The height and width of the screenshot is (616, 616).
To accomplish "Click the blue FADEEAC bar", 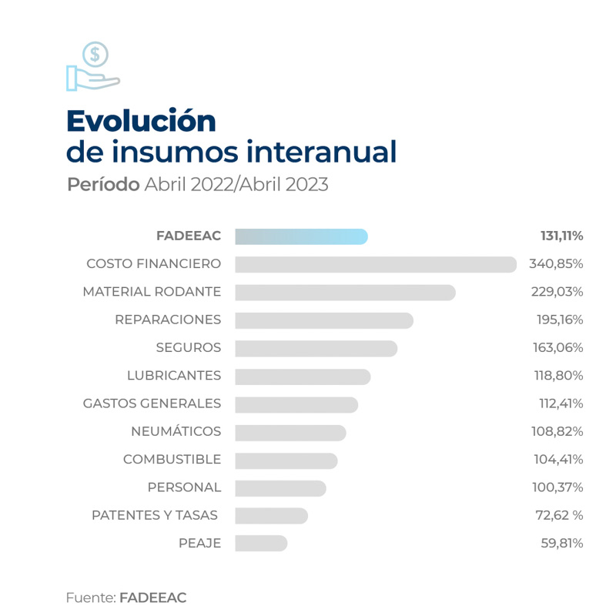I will [301, 236].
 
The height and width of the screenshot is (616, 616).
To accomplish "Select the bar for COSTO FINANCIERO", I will [375, 264].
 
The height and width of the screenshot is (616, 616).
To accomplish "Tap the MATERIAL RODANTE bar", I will [345, 293].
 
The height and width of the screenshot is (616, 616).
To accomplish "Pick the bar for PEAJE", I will [261, 543].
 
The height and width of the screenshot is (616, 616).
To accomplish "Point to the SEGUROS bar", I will [316, 348].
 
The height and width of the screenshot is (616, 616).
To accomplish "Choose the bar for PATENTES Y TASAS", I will [271, 515].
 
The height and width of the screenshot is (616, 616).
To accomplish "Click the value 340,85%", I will [556, 264].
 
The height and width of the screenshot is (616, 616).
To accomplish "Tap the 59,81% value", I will [562, 543].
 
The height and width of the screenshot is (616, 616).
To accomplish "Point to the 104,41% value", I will [558, 460].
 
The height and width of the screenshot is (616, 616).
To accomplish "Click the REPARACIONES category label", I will [168, 320].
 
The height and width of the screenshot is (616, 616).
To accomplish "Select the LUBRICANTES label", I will [174, 376].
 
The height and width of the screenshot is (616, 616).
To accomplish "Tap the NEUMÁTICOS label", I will [176, 431].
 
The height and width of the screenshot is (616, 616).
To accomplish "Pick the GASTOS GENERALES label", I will [152, 403].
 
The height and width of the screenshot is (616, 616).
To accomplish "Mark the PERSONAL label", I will [184, 487].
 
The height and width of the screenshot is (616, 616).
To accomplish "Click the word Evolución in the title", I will [141, 121].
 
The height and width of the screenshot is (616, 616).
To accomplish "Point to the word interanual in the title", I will [321, 152].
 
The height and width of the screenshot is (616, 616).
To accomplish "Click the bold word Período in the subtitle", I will [103, 186].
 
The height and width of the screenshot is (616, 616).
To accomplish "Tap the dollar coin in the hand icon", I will [95, 55].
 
